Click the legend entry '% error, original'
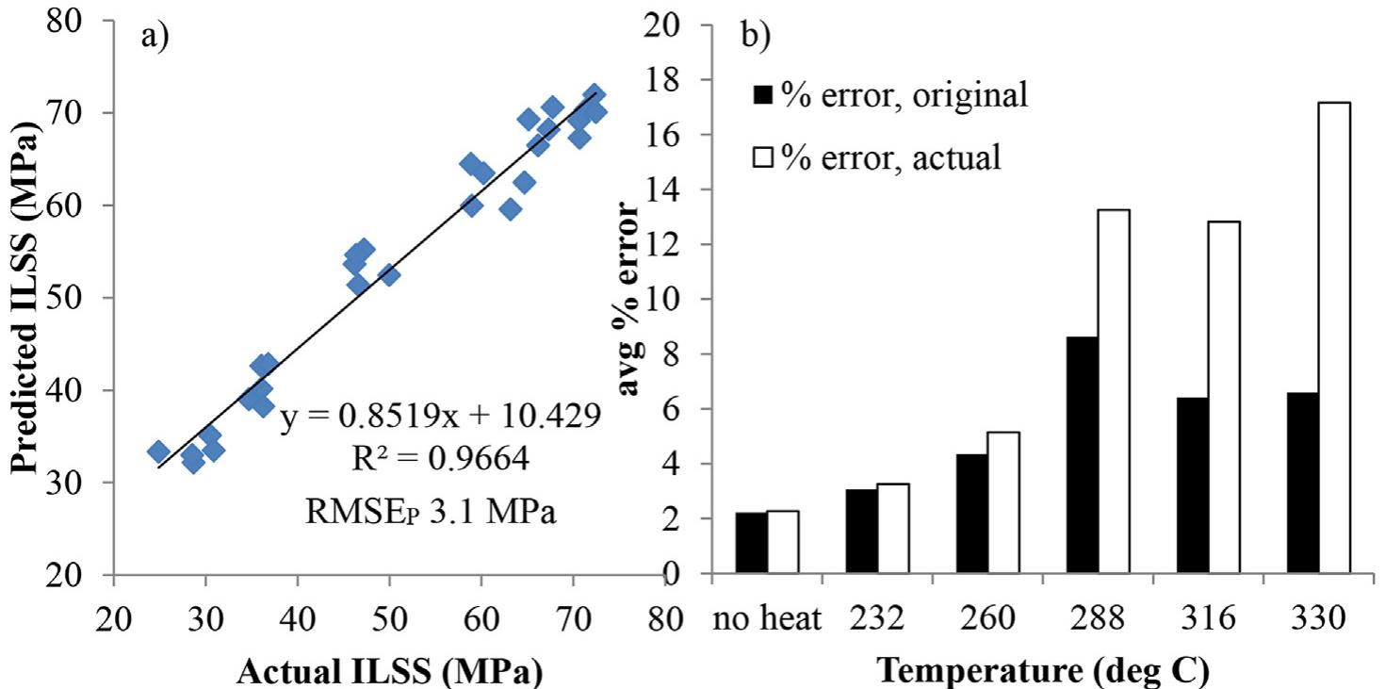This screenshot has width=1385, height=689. (889, 95)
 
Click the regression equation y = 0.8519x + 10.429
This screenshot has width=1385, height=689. (440, 416)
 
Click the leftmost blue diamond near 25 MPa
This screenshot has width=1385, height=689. (158, 451)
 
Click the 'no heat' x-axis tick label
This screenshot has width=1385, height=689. (767, 620)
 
